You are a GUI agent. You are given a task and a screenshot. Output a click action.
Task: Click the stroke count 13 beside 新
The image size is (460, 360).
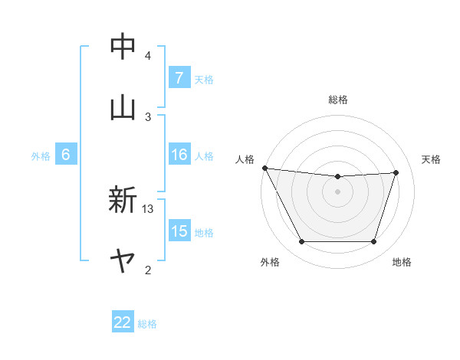click(x=148, y=208)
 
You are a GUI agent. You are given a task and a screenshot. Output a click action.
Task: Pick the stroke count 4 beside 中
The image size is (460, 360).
click(x=148, y=56)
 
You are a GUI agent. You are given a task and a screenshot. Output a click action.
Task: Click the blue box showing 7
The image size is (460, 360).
click(x=179, y=78)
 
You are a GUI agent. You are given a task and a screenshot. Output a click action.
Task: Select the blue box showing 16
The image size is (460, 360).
click(x=179, y=155)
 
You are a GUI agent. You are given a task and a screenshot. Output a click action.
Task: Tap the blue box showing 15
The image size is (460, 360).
click(x=179, y=231)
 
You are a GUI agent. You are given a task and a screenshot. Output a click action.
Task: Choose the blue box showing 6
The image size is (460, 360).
click(x=66, y=155)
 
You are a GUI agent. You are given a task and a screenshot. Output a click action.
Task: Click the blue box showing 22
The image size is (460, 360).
click(x=123, y=322)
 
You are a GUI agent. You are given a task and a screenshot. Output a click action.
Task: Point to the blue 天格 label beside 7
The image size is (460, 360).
click(x=204, y=79)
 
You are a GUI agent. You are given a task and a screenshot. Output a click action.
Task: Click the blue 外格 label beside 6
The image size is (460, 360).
click(x=41, y=155)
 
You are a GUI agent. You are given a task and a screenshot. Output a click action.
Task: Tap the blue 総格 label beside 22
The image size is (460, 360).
click(x=147, y=323)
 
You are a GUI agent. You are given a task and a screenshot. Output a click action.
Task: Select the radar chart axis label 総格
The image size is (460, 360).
click(x=338, y=100)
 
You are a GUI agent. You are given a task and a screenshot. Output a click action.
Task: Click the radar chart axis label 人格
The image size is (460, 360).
click(x=245, y=159)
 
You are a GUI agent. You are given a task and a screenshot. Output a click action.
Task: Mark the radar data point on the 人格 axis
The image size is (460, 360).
click(x=264, y=168)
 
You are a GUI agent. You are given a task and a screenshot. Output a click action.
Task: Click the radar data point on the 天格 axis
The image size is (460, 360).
click(x=396, y=172)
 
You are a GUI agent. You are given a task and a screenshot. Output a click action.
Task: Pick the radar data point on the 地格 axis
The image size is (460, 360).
click(x=373, y=242)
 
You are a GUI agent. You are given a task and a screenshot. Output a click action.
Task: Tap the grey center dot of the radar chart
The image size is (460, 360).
click(x=337, y=191)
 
